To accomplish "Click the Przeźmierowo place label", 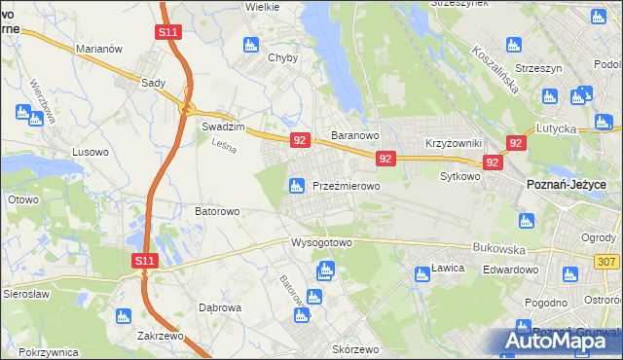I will tap(346, 186).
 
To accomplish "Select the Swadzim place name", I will tap(221, 126).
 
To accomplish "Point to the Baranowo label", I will tap(353, 135).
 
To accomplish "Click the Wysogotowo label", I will tap(320, 242).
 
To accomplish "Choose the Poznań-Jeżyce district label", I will tap(566, 185).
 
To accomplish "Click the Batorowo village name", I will tap(217, 209).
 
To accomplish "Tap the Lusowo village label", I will tap(92, 152).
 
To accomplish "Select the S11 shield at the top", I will tap(167, 32).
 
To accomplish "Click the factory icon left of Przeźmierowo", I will tap(296, 185).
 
